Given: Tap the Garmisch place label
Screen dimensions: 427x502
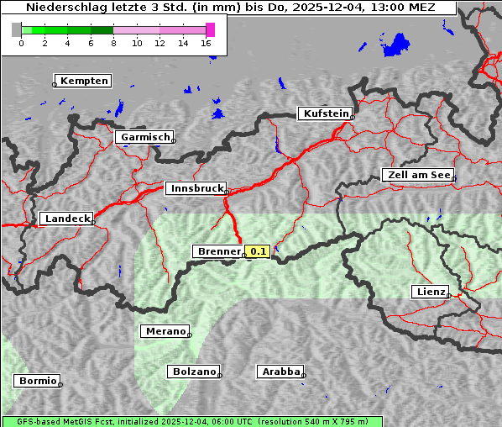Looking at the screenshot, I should tap(145, 137).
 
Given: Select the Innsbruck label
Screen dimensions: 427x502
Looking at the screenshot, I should tap(196, 189).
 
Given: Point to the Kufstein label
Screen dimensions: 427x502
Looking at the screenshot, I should tap(326, 113).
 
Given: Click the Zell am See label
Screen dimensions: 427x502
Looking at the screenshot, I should tap(418, 175).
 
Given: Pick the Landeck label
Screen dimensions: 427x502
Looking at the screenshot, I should tap(66, 219).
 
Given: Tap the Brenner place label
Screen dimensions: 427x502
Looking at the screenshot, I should tap(218, 251).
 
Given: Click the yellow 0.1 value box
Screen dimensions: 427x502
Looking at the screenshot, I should tap(259, 251).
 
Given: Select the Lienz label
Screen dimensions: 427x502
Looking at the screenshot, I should tap(429, 292).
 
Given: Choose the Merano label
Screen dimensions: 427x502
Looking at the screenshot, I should tap(165, 331).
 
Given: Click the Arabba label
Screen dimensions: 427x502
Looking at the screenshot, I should tap(280, 371).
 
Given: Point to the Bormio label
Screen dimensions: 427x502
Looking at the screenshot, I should tap(38, 381).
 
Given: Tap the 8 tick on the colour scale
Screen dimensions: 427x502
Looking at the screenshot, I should tap(113, 43).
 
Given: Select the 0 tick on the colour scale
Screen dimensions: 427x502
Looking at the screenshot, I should tap(21, 43).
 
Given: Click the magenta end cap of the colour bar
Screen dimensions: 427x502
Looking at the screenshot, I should tap(210, 29).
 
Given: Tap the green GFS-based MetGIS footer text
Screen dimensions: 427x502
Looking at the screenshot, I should tap(191, 421).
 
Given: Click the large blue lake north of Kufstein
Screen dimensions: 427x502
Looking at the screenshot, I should tap(395, 45).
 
